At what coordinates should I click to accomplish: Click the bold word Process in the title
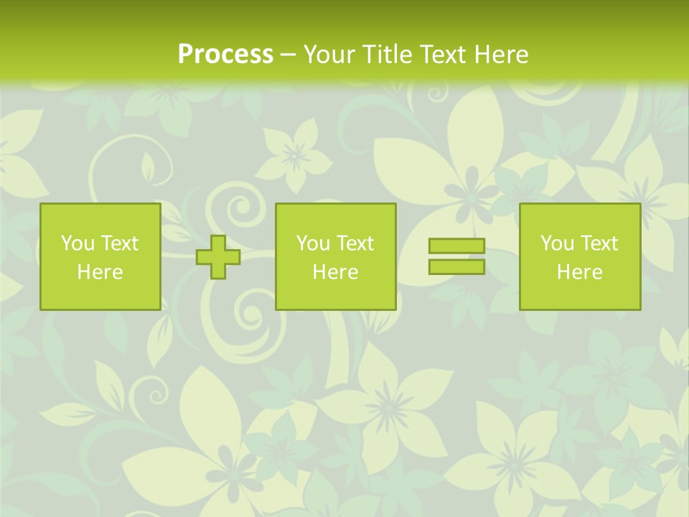tap(225, 55)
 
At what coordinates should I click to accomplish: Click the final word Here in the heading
tap(500, 55)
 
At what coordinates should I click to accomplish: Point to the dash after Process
tap(289, 55)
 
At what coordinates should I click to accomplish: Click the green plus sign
tap(218, 257)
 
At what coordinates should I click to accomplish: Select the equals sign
tap(456, 256)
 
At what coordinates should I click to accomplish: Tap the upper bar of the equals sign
tap(456, 246)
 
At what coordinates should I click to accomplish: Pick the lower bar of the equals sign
tap(456, 266)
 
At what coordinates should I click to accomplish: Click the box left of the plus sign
tap(100, 256)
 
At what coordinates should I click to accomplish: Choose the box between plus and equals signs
tap(335, 256)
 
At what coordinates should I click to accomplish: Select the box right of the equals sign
tap(579, 256)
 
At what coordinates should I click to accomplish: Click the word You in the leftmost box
tap(78, 243)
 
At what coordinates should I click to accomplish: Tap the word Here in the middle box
tap(335, 272)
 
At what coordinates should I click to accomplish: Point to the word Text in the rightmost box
tap(598, 243)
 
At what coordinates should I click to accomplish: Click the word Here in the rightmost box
tap(579, 272)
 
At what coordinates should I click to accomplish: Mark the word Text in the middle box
tap(354, 243)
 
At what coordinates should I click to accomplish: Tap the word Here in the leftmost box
tap(100, 272)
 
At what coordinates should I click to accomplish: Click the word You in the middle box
tap(313, 243)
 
